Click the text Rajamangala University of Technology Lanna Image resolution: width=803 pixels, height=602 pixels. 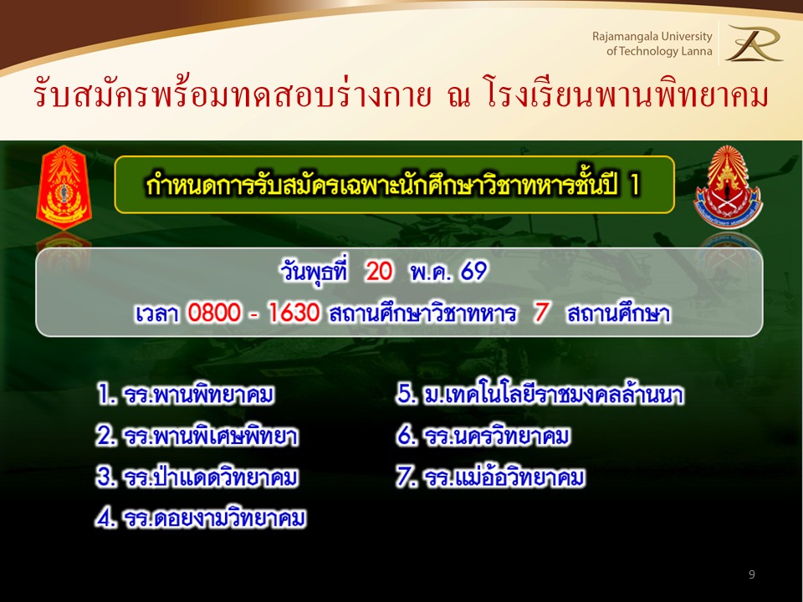[x=652, y=43]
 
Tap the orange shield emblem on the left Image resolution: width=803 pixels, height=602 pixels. [x=64, y=187]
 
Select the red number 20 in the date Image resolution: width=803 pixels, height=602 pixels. [x=379, y=271]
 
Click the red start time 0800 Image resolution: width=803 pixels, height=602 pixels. [x=214, y=312]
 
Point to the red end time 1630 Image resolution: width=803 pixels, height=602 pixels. [x=294, y=312]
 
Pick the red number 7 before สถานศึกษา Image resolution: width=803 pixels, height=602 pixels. [x=541, y=312]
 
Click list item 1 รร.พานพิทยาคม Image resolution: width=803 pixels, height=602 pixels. [x=186, y=394]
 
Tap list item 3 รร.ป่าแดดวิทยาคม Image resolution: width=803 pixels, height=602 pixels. [x=197, y=477]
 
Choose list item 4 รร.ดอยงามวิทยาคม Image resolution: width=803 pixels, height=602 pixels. [x=201, y=518]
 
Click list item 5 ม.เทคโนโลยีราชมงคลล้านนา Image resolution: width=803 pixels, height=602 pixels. [x=540, y=394]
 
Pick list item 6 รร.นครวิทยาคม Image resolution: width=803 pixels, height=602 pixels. [x=483, y=436]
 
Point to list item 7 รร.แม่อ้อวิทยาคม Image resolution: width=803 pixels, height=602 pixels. [x=491, y=477]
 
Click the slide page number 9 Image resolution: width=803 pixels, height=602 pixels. [x=751, y=574]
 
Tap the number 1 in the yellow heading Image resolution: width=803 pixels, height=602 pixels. [x=635, y=185]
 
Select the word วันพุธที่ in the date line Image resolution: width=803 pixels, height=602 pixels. [x=315, y=271]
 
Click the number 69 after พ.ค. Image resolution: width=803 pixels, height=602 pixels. [x=473, y=271]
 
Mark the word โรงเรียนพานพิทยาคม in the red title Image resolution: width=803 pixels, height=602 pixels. [x=627, y=95]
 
